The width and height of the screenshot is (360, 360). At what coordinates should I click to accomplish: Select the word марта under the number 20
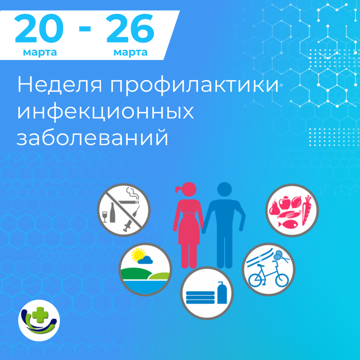pos(40,53)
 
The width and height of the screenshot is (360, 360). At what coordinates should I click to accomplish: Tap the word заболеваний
pos(92,138)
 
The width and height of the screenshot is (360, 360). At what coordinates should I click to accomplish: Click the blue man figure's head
pos(225,189)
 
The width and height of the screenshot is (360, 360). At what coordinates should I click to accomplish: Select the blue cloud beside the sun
pos(146,260)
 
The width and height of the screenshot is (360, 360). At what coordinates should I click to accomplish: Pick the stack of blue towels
pos(200,297)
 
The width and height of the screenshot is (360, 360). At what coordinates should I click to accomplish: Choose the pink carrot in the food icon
pos(306,210)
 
